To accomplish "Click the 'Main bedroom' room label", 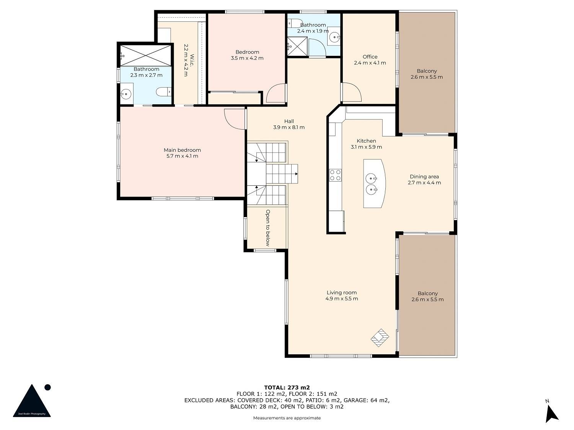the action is click(x=182, y=150).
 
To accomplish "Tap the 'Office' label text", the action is click(x=370, y=57).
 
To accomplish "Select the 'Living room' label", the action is click(x=341, y=293).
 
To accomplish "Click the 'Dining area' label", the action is click(x=424, y=177).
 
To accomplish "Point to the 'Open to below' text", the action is click(x=267, y=228).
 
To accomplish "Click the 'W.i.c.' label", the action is click(x=192, y=60).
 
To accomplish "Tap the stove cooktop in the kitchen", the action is click(x=335, y=175).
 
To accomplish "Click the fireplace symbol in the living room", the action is click(x=380, y=338).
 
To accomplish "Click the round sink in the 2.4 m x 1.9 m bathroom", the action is click(x=334, y=37).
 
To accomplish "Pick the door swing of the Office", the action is click(x=351, y=92).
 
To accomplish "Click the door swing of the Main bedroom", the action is click(x=235, y=119).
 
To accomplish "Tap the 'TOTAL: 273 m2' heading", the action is click(x=287, y=388).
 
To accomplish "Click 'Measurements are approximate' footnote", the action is click(x=287, y=418).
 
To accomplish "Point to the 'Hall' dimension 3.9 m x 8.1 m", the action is click(x=289, y=127).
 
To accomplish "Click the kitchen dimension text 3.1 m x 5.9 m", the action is click(x=366, y=147).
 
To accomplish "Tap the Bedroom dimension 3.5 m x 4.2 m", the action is click(x=247, y=58).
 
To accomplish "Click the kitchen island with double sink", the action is click(x=374, y=183).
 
